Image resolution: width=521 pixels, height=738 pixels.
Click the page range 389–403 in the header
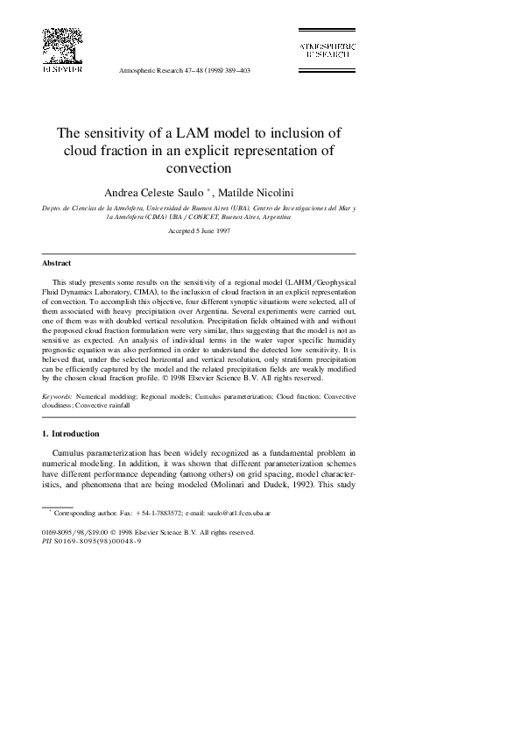point(234,69)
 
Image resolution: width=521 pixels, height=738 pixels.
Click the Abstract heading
point(57,263)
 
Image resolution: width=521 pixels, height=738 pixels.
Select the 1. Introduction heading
point(74,434)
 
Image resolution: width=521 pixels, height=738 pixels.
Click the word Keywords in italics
point(58,397)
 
